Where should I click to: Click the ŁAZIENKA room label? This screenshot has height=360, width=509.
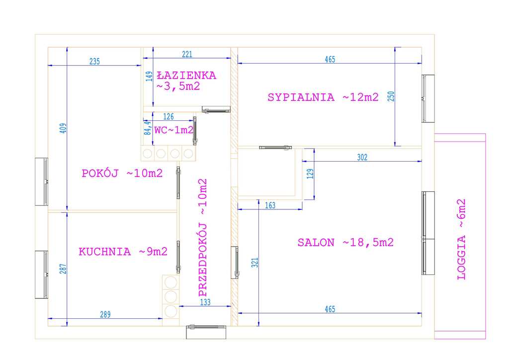[186, 76]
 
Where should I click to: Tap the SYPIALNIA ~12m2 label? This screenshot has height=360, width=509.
[323, 97]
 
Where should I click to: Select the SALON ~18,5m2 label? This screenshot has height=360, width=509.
[345, 243]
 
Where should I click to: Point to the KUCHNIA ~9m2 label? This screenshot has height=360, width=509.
[123, 252]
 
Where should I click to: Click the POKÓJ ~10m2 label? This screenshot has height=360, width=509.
[122, 174]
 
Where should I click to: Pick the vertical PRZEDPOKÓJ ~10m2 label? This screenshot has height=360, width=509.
[203, 238]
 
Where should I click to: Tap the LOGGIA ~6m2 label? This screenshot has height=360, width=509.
[461, 240]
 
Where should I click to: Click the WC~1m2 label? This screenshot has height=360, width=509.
[174, 130]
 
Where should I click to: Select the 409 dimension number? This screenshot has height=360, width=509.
[63, 128]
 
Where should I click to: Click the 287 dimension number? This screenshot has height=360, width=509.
[63, 269]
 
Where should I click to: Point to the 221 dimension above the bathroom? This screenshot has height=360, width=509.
[187, 54]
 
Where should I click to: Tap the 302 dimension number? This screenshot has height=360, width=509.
[362, 158]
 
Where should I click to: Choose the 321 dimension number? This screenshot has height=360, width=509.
[255, 263]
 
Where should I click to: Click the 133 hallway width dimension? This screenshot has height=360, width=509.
[205, 302]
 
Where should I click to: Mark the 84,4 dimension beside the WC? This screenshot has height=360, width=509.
[148, 128]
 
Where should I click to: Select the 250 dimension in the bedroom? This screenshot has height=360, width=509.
[391, 96]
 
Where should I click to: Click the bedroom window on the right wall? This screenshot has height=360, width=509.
[428, 98]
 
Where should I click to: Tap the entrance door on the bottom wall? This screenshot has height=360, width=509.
[206, 332]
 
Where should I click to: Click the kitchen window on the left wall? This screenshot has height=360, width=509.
[42, 274]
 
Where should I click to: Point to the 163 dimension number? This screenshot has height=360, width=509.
[270, 205]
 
